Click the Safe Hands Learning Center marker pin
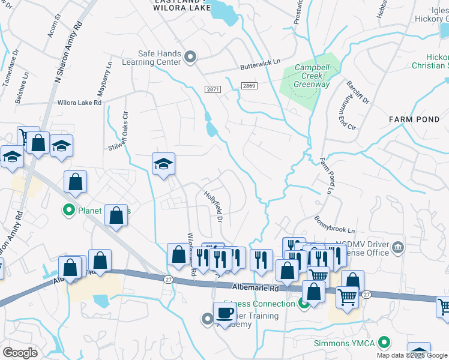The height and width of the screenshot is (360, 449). [191, 58]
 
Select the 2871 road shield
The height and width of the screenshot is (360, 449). [212, 89]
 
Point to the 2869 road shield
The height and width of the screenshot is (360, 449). [249, 86]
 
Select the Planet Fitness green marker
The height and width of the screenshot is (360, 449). [68, 211]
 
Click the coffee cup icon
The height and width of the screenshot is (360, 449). [225, 313]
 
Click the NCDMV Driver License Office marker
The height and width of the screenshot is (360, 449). [397, 247]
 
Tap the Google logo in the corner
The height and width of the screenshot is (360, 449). [20, 353]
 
